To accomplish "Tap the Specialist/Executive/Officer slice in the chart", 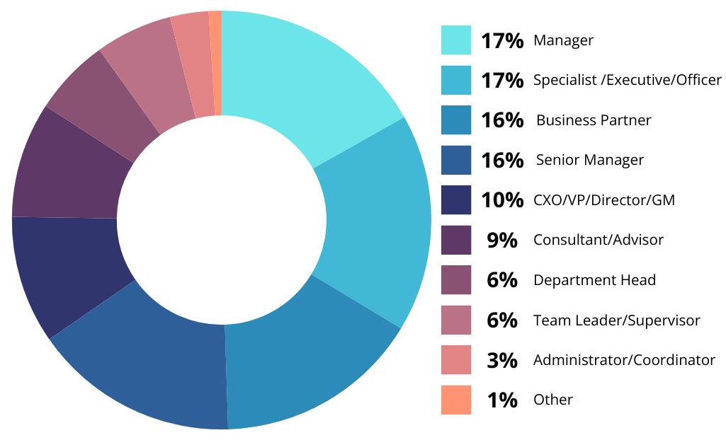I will [x=375, y=219].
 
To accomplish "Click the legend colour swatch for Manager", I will [x=455, y=40].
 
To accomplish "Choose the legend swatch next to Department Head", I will [x=455, y=279].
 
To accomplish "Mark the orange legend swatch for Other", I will [x=455, y=400].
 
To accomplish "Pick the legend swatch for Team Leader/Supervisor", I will [x=455, y=320].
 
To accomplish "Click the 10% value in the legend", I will [x=501, y=200].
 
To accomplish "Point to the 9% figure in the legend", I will [x=501, y=240].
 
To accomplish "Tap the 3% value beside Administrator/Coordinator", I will [x=501, y=360].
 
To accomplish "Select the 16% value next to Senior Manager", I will [x=501, y=160].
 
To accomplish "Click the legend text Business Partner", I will [x=594, y=120].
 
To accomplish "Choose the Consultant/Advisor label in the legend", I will [x=599, y=240].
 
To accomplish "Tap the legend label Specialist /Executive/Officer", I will [x=628, y=80].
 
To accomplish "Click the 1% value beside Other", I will [x=501, y=400].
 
